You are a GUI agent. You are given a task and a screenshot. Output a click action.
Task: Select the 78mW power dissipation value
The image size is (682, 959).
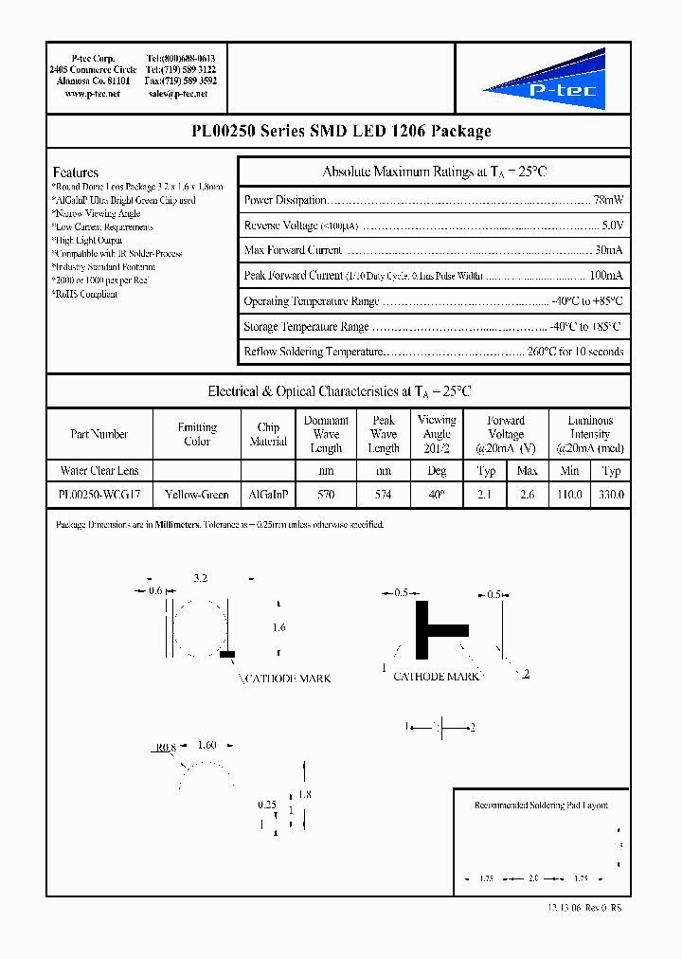point(608,200)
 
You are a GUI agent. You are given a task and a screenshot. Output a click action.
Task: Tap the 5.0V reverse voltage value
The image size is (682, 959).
point(612,226)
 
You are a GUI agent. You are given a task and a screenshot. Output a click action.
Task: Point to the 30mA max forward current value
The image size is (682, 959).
point(608,250)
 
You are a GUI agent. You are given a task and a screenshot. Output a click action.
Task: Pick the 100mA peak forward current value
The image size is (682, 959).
point(605,276)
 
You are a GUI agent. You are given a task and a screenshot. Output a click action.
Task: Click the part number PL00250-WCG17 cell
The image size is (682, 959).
point(99,495)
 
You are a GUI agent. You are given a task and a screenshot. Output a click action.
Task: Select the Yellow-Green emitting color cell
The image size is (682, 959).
point(197,495)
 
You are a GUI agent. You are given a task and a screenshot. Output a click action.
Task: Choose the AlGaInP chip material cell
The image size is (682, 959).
point(268,495)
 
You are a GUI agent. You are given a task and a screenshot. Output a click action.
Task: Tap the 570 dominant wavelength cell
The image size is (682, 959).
point(326,495)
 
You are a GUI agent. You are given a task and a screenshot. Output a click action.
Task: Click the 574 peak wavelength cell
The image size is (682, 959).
point(384,495)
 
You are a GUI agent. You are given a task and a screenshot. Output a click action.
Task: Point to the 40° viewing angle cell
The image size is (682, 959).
point(437,495)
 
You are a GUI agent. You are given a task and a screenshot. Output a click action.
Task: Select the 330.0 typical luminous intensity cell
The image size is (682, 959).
point(611,495)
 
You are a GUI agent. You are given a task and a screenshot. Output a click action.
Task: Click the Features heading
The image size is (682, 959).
point(76,172)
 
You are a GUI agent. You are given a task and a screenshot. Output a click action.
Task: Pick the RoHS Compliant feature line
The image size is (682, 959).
point(85,295)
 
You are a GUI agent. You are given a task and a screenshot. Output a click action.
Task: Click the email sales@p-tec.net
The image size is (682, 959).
point(183,95)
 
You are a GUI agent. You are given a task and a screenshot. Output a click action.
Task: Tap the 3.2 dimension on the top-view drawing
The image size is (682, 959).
point(200,577)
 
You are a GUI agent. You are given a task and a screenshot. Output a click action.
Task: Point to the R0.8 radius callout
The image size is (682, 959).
point(166,747)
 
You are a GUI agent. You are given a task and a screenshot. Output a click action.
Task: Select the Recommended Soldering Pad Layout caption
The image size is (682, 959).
point(541,805)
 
